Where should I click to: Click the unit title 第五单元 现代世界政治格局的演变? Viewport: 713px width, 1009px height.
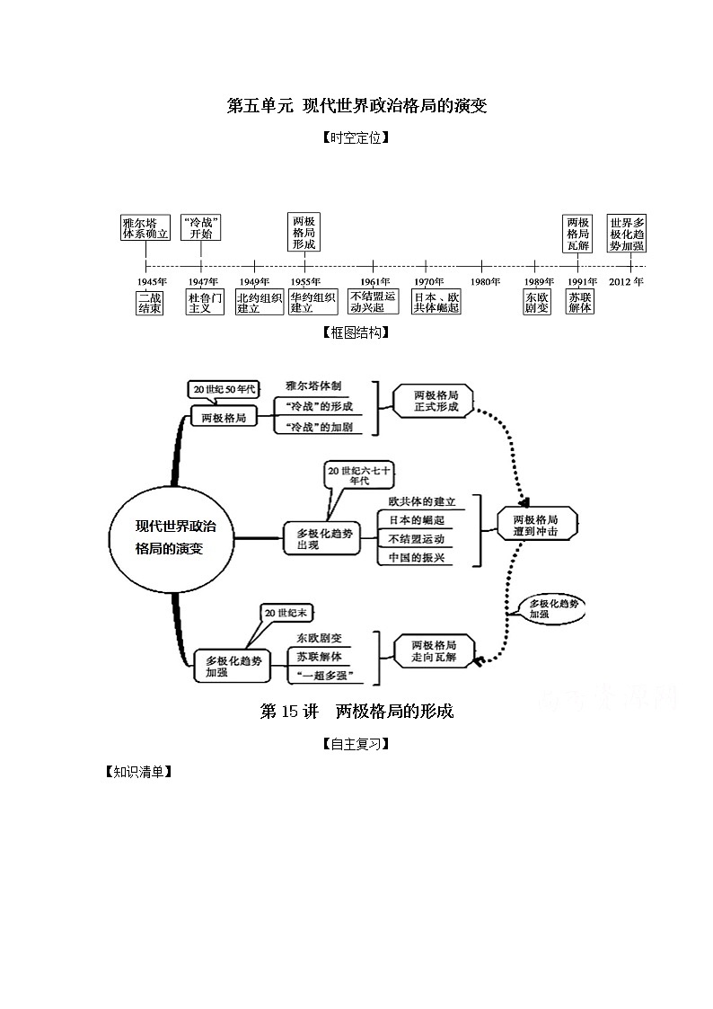(x=356, y=105)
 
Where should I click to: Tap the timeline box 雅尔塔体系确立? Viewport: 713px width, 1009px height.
(x=146, y=228)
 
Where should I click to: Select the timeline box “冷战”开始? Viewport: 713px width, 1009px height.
(x=201, y=228)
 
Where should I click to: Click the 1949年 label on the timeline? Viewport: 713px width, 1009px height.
(x=255, y=281)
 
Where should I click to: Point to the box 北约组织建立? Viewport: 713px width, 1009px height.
(x=260, y=303)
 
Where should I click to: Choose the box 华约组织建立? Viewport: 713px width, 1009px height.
(x=313, y=303)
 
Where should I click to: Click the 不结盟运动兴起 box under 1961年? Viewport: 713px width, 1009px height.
(x=373, y=302)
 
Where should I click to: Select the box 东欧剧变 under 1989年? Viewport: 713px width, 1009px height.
(x=537, y=303)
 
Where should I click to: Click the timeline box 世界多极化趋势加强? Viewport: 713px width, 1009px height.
(x=627, y=233)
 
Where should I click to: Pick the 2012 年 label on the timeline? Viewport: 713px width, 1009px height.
(x=626, y=281)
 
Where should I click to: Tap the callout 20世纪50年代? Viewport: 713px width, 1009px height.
(x=224, y=389)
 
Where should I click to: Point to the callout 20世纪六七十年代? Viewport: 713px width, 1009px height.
(x=359, y=475)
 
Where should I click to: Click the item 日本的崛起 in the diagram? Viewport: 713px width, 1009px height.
(x=417, y=520)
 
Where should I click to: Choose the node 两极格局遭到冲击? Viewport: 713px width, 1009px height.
(x=536, y=525)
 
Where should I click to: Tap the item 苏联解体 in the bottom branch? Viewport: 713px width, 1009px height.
(x=320, y=657)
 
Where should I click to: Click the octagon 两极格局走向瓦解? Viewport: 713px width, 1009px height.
(x=434, y=651)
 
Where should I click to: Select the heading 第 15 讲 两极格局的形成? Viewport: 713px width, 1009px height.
(x=356, y=711)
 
